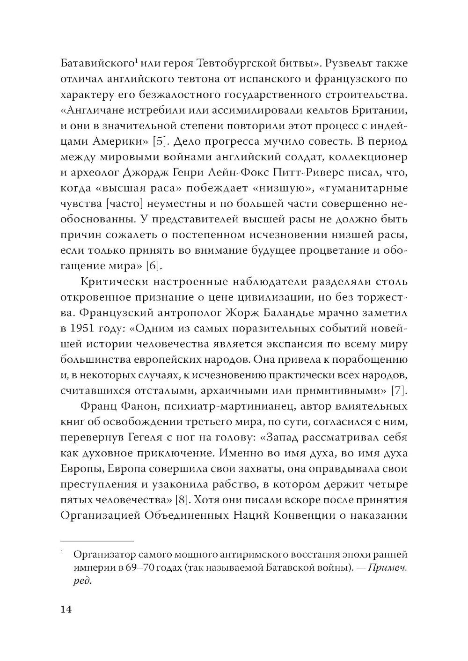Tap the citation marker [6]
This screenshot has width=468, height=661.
(154, 266)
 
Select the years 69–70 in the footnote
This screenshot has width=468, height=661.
(139, 568)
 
